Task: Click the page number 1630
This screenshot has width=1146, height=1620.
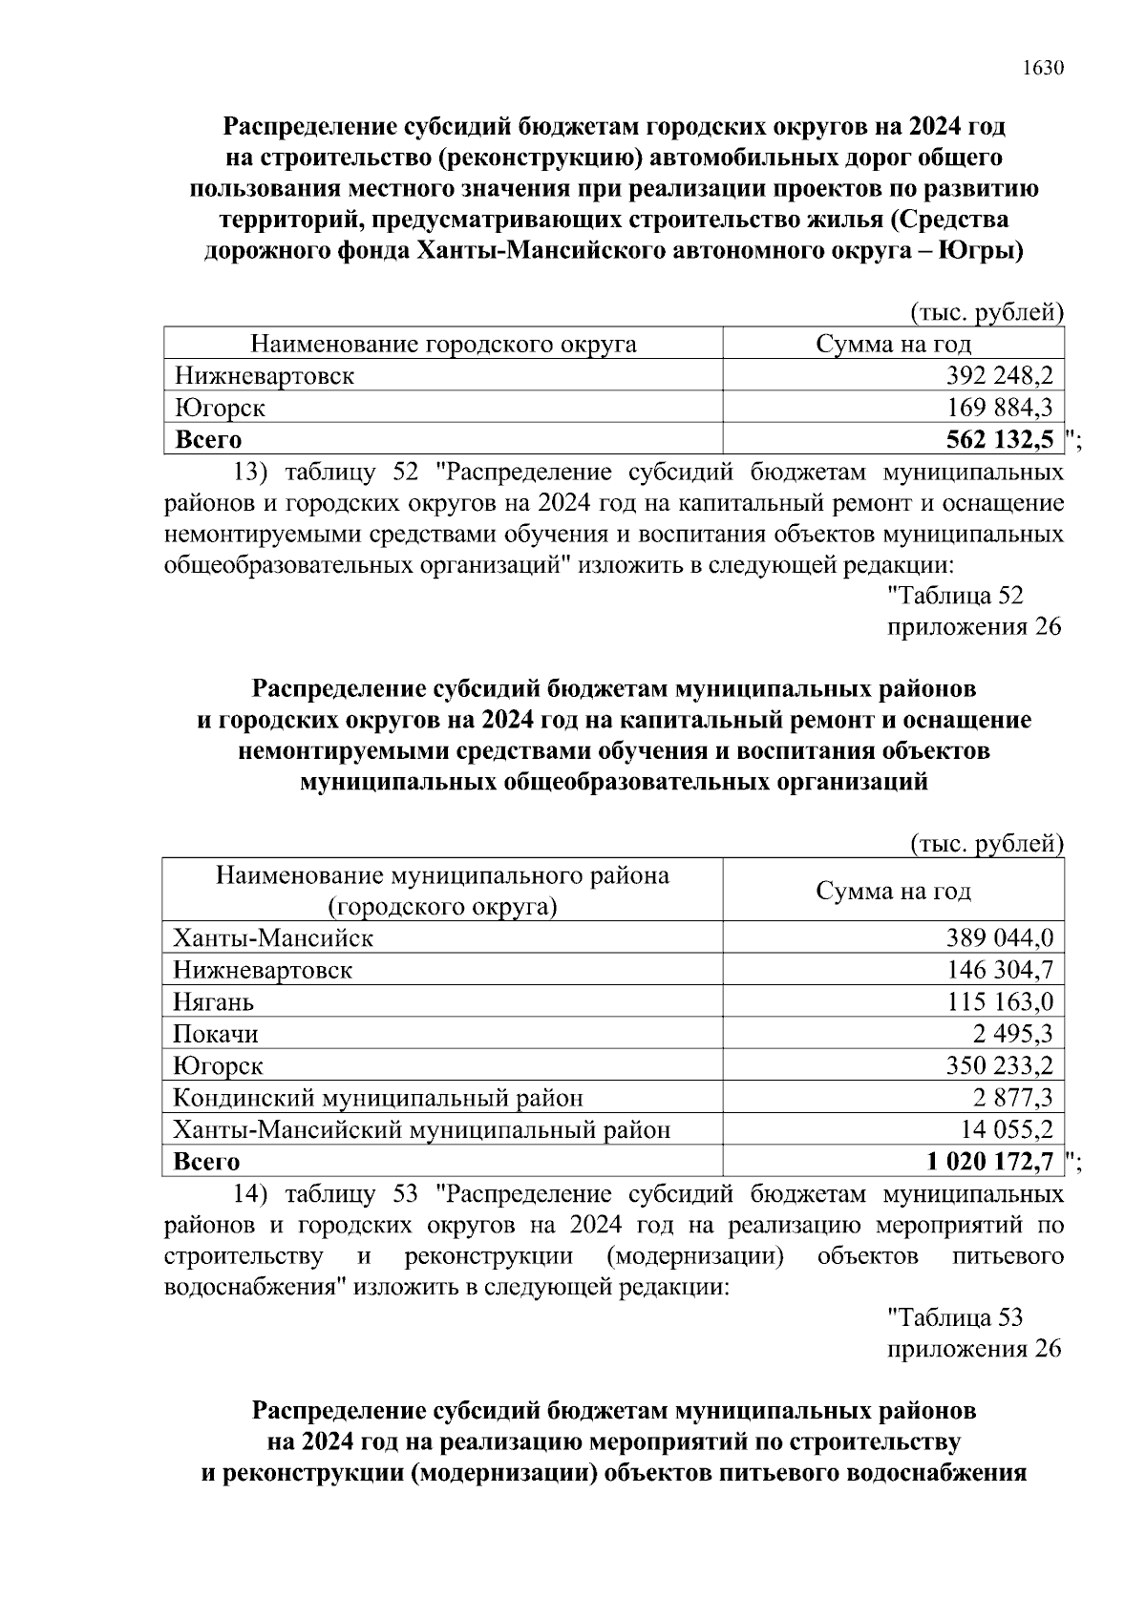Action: [x=1042, y=69]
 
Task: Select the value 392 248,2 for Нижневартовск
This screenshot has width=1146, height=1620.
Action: [x=999, y=376]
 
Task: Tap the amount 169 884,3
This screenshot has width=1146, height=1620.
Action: [x=999, y=409]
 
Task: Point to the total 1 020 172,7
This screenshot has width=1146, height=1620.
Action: [x=989, y=1162]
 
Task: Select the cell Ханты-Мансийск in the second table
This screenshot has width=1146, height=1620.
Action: [x=273, y=938]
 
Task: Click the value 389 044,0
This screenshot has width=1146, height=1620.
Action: [x=999, y=938]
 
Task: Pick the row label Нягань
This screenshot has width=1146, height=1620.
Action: [x=214, y=1002]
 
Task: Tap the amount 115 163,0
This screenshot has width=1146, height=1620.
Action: [x=999, y=1002]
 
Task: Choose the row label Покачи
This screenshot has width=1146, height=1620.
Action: [x=216, y=1034]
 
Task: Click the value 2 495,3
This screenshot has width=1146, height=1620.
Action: [x=1014, y=1034]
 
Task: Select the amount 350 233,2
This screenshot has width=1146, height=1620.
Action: [x=999, y=1066]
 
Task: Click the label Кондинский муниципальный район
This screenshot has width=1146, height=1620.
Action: [x=378, y=1099]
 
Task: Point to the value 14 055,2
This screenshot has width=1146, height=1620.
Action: [x=1007, y=1130]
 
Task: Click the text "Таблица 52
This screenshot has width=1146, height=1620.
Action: [x=955, y=596]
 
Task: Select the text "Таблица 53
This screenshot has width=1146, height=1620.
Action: [x=955, y=1318]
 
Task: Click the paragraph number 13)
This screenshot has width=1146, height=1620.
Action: [x=253, y=473]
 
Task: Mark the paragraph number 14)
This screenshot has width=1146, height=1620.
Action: [x=253, y=1195]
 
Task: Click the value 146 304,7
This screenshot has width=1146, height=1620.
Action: [x=999, y=971]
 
